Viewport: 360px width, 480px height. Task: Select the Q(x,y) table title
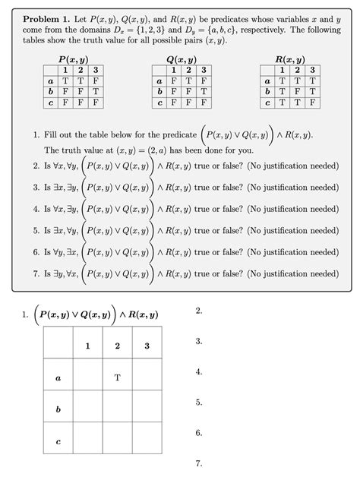[x=181, y=59]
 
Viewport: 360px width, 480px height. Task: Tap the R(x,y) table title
[x=291, y=59]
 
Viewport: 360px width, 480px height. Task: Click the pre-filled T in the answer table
[x=117, y=377]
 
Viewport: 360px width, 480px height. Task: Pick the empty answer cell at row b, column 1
[x=88, y=409]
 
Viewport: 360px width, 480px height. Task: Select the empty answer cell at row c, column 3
[x=147, y=441]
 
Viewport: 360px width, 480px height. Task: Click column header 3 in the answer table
[x=147, y=346]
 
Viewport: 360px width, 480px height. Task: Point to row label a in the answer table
[x=58, y=377]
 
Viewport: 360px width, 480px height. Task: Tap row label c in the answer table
[x=58, y=441]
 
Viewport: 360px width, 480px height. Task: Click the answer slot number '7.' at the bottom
[x=199, y=463]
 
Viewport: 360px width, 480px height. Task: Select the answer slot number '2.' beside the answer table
[x=199, y=312]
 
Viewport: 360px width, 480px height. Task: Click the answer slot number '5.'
[x=199, y=403]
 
